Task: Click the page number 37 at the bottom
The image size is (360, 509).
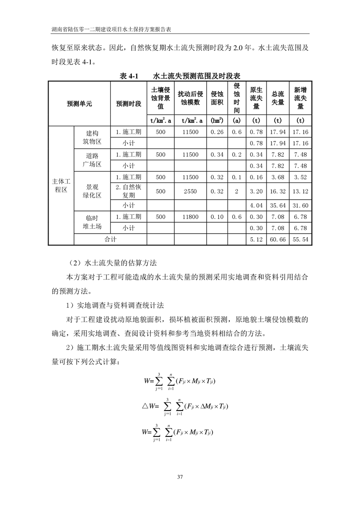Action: point(180,476)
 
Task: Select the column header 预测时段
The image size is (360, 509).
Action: point(128,103)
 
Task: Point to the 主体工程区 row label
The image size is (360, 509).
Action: point(61,186)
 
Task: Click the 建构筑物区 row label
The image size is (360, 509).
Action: point(92,137)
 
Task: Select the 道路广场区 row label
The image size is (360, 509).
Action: point(92,160)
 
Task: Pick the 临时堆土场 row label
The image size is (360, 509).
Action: point(92,221)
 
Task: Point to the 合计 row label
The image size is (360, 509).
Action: point(110,239)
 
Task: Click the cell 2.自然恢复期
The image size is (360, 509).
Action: point(128,191)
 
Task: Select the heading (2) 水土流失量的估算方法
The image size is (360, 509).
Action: point(112,263)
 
